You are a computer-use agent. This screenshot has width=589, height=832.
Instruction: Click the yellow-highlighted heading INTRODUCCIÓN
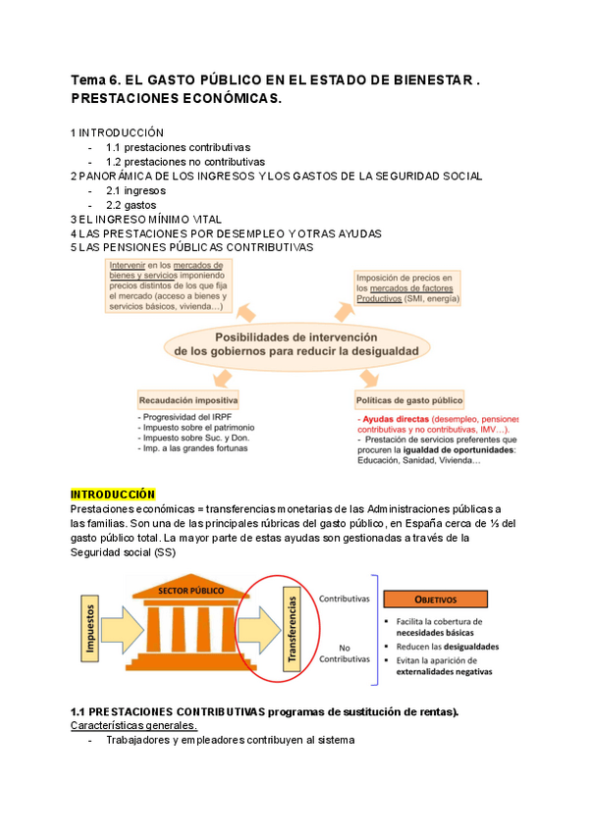(113, 494)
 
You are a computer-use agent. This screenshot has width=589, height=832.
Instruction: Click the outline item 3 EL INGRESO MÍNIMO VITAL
(146, 219)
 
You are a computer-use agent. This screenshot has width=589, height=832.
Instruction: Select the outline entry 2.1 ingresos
(135, 190)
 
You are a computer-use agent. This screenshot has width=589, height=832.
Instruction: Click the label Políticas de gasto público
(410, 400)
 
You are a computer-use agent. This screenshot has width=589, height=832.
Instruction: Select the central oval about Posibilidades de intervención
(294, 342)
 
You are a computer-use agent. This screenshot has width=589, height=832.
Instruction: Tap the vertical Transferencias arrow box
(291, 631)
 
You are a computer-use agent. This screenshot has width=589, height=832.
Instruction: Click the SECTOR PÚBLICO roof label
(191, 593)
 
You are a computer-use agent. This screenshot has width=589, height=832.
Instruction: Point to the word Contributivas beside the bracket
(345, 597)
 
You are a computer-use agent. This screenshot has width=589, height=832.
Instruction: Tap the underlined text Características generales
(134, 725)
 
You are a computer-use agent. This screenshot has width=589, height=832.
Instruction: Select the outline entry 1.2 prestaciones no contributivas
(185, 162)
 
